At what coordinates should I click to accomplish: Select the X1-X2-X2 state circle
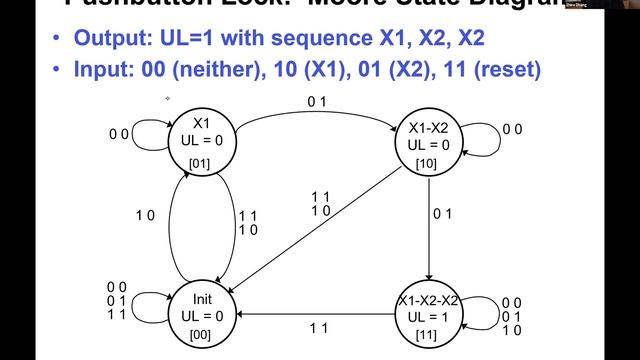(429, 315)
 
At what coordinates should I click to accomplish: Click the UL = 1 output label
(429, 316)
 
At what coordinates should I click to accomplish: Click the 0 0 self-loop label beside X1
(119, 133)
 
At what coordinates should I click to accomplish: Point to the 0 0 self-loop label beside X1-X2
(511, 129)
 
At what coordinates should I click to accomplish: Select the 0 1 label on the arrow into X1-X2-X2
(442, 213)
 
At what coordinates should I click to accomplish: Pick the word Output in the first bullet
(109, 42)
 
